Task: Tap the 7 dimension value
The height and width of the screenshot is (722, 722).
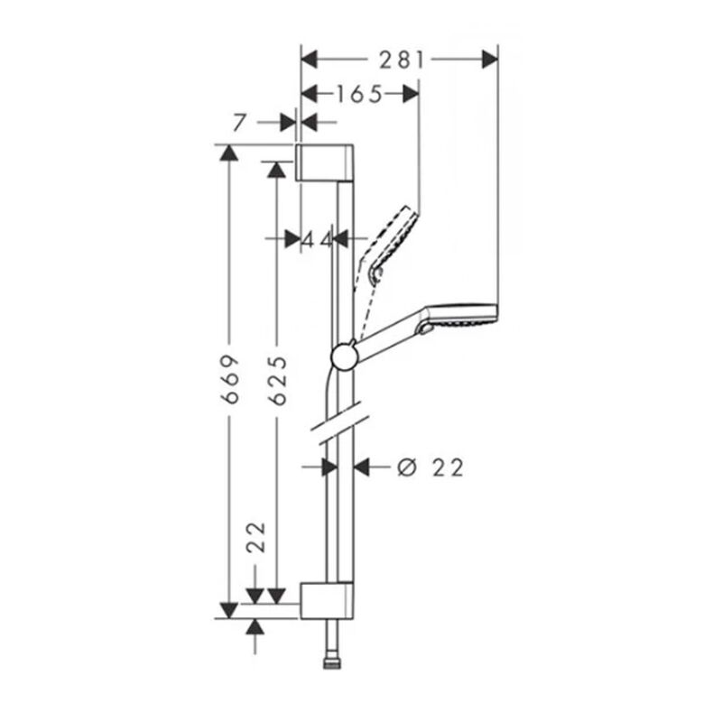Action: click(238, 122)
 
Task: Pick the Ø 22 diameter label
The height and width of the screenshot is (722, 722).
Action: click(430, 467)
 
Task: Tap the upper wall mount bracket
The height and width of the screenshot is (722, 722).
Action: click(328, 162)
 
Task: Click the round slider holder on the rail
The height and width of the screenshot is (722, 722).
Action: click(344, 356)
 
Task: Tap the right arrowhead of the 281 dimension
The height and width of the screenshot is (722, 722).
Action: click(489, 60)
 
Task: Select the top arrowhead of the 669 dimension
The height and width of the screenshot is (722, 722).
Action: click(229, 153)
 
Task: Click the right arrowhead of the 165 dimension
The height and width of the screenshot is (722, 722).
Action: click(410, 93)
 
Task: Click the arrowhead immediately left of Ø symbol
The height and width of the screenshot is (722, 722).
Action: click(363, 467)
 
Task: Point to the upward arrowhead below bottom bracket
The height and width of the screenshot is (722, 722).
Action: click(256, 627)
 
